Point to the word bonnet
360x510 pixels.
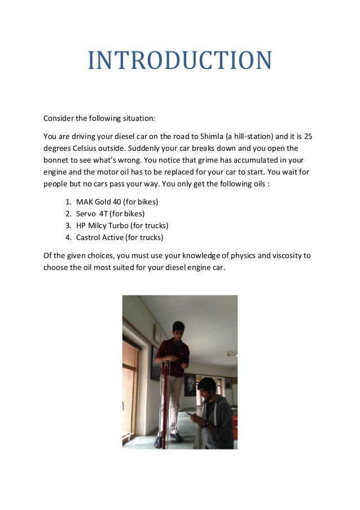click(x=57, y=160)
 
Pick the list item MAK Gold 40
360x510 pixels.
click(x=99, y=202)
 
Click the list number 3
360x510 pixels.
click(x=68, y=225)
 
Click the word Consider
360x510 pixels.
click(x=58, y=119)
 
